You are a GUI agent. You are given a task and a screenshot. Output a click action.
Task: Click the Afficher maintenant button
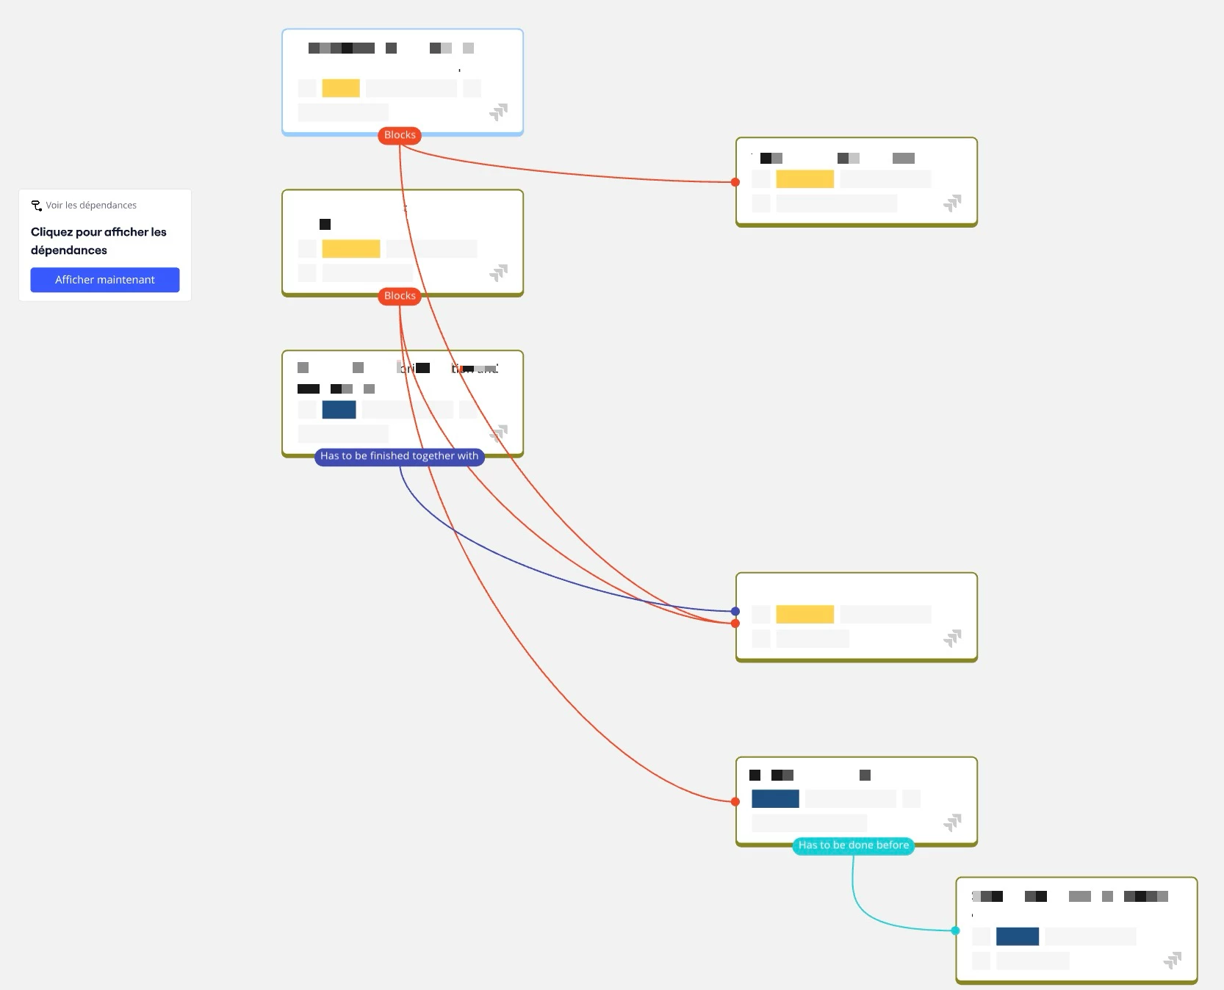click(x=105, y=280)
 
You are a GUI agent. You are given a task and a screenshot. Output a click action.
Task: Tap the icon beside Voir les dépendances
click(x=37, y=206)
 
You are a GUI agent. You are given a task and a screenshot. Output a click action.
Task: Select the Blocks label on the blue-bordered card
click(x=400, y=135)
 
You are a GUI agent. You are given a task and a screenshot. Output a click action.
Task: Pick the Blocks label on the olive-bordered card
click(x=400, y=296)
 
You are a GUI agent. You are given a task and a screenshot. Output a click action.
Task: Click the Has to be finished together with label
click(x=399, y=456)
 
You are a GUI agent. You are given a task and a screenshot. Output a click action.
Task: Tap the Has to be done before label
click(x=853, y=845)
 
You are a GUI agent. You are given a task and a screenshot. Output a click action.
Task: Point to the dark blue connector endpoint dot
click(x=735, y=611)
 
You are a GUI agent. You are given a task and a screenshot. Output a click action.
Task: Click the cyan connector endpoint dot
click(x=955, y=931)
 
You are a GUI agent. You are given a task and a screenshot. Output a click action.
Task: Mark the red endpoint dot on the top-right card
click(x=735, y=182)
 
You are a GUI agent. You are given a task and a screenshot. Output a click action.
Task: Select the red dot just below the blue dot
click(x=735, y=624)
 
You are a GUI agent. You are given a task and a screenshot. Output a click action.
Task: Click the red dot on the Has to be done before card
click(x=735, y=802)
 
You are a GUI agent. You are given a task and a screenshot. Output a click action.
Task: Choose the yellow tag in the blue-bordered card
click(x=341, y=88)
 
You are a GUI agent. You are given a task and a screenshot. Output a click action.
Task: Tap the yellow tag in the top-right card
click(x=804, y=179)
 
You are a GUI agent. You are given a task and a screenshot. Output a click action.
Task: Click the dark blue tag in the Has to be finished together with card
click(x=339, y=410)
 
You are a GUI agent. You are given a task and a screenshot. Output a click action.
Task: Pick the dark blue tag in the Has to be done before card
click(x=775, y=799)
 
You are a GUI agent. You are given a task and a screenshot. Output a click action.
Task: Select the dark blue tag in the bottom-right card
click(x=1017, y=936)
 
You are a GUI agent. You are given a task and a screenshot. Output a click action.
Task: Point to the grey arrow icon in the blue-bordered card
click(x=499, y=112)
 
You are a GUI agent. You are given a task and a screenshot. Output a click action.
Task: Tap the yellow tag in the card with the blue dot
click(x=804, y=614)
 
